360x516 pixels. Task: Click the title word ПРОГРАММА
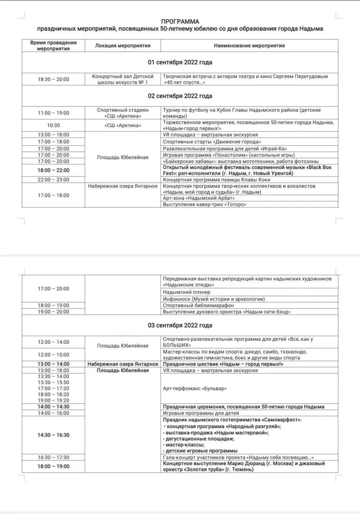click(x=180, y=22)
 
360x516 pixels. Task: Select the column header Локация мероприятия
click(x=123, y=46)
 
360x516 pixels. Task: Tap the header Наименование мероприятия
click(x=249, y=46)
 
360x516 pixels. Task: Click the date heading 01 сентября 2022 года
click(x=180, y=63)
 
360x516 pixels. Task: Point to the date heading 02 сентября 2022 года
click(x=180, y=96)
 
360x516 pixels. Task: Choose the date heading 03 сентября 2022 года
click(x=180, y=326)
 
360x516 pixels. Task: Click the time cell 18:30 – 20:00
click(x=54, y=80)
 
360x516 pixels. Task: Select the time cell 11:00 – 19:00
click(x=54, y=113)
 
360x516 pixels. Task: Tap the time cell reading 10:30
click(x=54, y=126)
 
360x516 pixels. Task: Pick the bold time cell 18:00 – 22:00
click(x=54, y=171)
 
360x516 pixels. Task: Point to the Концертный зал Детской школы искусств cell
click(x=123, y=80)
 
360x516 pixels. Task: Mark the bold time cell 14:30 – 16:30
click(x=54, y=435)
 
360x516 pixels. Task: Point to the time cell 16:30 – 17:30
click(x=54, y=457)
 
